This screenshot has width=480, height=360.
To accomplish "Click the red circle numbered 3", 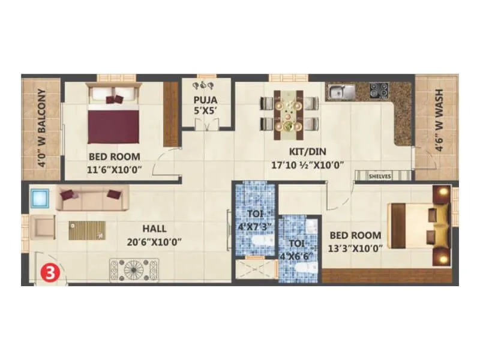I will tap(50, 272).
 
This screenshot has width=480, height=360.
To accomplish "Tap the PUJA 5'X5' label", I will tap(205, 104).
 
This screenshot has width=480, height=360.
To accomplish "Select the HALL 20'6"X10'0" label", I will tap(154, 236).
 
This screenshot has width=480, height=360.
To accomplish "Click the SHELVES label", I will tap(380, 176).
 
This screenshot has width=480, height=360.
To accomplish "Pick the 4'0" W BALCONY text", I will tap(41, 127).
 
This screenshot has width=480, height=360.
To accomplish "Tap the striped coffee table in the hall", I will tap(87, 230).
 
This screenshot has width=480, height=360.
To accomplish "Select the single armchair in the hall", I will tap(44, 227).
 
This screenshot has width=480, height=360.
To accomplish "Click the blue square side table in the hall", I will tap(41, 197).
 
